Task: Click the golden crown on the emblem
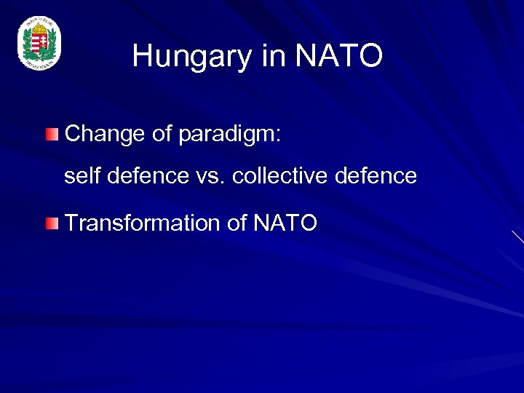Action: click(x=39, y=29)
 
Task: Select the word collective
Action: click(x=280, y=176)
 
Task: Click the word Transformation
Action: click(x=143, y=223)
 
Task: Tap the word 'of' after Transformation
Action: click(x=237, y=223)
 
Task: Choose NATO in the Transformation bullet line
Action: click(x=285, y=223)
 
